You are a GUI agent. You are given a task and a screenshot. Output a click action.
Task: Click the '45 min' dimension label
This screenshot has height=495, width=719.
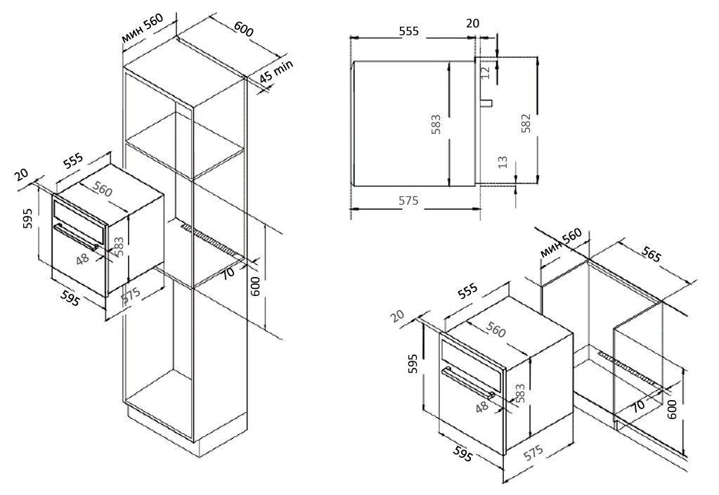point(276,72)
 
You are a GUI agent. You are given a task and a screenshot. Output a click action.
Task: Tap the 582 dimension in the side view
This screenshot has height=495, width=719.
point(526,124)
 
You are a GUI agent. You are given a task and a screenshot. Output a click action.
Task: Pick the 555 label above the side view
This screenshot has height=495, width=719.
point(408,31)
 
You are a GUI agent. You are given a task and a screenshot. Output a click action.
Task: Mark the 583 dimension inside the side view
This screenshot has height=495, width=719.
point(435,126)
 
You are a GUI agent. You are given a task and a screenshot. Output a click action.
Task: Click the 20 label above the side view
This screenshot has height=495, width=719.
point(472,22)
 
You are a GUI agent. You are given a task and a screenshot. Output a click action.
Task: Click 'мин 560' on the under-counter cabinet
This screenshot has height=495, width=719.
point(561,243)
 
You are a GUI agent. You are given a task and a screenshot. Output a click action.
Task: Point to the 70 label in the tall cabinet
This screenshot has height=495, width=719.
point(228,271)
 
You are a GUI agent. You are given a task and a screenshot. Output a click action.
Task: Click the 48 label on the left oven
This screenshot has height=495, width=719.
point(83,258)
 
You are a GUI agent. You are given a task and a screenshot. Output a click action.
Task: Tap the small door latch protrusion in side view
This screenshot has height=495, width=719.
point(486,103)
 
